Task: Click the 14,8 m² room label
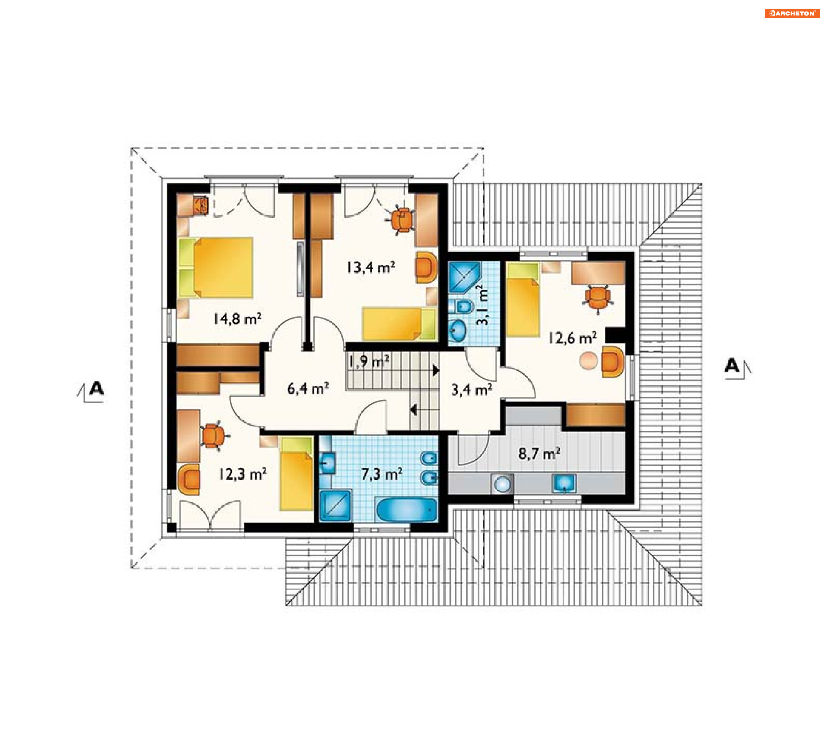237,319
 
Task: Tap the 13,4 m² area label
370,268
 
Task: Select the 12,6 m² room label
573,338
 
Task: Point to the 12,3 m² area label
242,474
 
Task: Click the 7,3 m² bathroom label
382,474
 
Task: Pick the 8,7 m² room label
539,454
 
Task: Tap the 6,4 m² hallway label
308,388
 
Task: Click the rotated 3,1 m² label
482,305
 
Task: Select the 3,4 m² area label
471,390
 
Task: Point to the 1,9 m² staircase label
369,361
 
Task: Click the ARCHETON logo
792,13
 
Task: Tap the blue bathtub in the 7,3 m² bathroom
407,510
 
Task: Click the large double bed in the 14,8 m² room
216,268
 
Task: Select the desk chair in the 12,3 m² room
212,436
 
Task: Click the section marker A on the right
737,368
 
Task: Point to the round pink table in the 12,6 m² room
589,360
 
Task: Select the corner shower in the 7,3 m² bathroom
335,505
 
